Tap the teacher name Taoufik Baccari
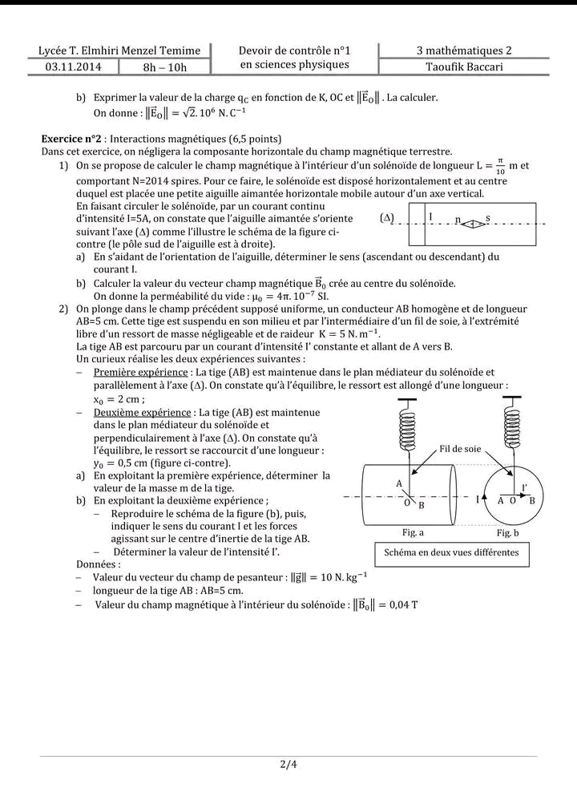click(x=464, y=67)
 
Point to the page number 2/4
click(x=288, y=763)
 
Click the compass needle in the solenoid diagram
click(x=473, y=224)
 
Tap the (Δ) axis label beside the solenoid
click(x=388, y=218)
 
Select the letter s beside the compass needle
click(x=488, y=217)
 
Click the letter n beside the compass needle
click(x=458, y=219)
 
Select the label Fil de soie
click(x=460, y=449)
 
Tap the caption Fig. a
click(x=413, y=532)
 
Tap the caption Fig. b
click(x=507, y=532)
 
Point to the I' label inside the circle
click(x=524, y=487)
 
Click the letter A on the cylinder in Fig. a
click(x=399, y=483)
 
